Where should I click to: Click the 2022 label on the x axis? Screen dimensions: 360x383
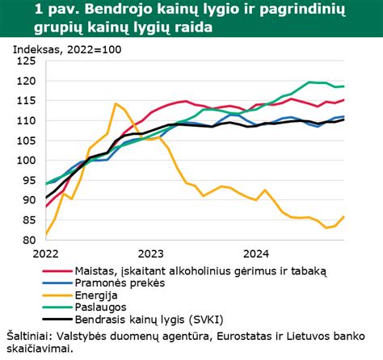[47, 253]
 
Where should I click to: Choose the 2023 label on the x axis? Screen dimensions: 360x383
[150, 253]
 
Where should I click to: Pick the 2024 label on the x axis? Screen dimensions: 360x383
[255, 253]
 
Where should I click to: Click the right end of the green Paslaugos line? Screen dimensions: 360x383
[345, 86]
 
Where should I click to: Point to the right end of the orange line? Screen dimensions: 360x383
[345, 216]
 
